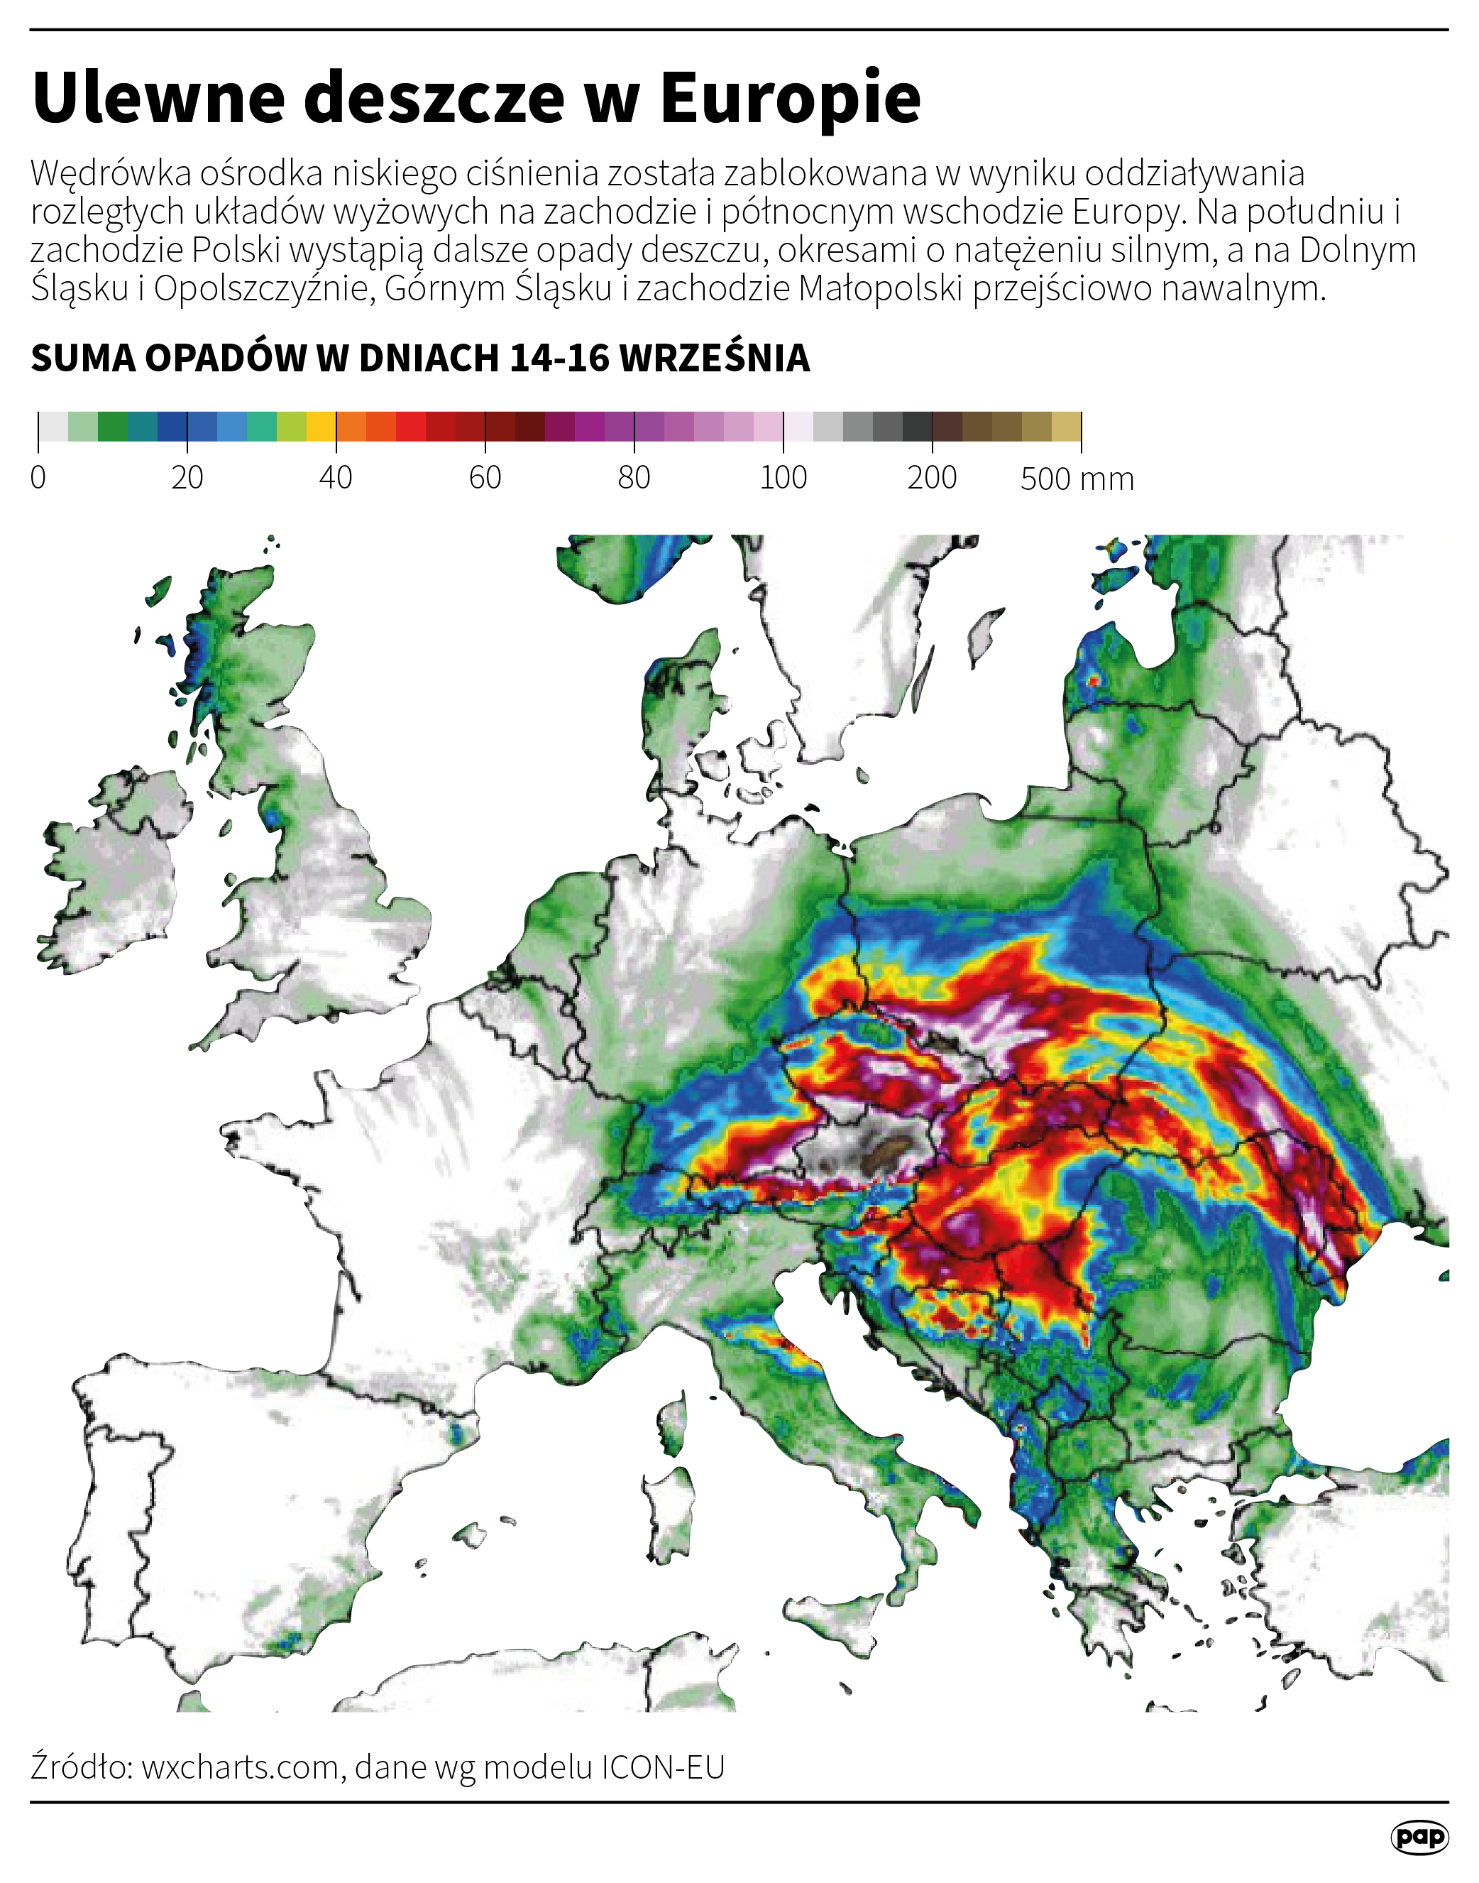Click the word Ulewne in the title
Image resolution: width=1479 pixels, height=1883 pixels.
158,98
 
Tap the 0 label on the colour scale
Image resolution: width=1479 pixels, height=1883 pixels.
38,478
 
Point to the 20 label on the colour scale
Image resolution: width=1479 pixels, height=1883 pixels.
187,478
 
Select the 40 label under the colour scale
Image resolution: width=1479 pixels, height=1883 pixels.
336,478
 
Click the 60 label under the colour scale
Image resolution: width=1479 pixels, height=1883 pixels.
485,478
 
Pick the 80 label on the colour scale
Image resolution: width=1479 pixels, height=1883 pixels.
634,478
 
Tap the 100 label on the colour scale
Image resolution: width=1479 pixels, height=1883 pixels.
783,478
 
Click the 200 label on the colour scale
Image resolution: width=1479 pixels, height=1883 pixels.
932,478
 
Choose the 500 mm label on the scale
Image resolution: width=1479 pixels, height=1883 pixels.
1077,479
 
